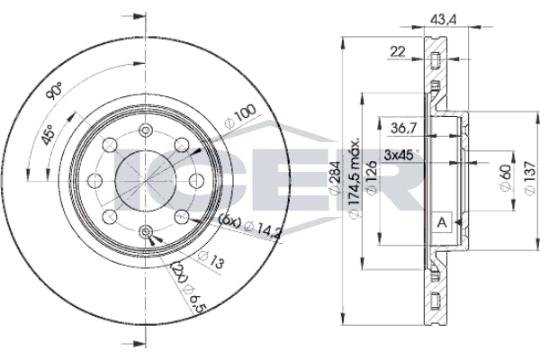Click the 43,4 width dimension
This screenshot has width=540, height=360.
point(444,20)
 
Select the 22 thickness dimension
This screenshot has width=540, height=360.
point(398,51)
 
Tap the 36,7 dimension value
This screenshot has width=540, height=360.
point(404,129)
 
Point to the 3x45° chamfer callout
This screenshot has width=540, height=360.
point(401,155)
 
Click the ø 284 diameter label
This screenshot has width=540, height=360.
point(336,178)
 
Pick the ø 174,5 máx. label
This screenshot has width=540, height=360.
point(355,179)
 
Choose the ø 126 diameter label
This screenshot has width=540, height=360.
point(372,178)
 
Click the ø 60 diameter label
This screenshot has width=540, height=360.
point(506,178)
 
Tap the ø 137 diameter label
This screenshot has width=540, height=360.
point(530,178)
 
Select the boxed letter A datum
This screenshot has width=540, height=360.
point(442,222)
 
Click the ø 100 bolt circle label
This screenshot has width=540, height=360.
point(240,116)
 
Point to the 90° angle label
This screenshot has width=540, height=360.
point(55,91)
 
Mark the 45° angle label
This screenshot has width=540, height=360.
point(48,134)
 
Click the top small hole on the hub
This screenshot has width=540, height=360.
point(146,130)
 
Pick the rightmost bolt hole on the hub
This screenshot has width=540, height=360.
point(197,181)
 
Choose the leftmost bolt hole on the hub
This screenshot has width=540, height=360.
point(94,181)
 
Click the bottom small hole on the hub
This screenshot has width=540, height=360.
point(146,231)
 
